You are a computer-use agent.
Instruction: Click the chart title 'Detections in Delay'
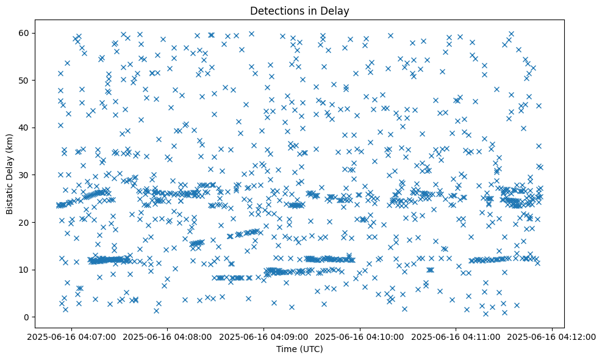point(299,10)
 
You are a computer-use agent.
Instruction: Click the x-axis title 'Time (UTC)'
point(299,350)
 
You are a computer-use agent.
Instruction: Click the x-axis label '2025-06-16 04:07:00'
point(71,336)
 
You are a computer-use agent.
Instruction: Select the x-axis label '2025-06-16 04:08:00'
point(168,336)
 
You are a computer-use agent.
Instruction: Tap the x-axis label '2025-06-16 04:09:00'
point(264,336)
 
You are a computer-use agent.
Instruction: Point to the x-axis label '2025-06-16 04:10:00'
point(360,336)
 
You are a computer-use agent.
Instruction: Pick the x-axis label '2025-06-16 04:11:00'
point(456,336)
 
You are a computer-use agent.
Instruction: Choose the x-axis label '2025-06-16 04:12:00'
point(553,336)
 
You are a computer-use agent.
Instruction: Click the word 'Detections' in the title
point(275,10)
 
